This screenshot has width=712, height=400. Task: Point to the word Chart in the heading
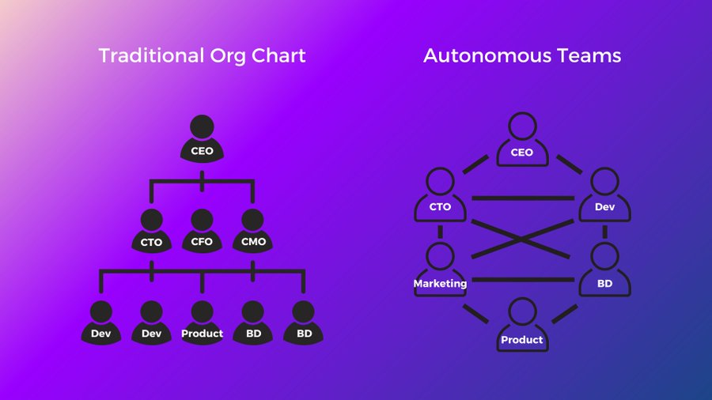click(280, 56)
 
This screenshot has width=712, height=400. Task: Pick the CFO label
click(202, 242)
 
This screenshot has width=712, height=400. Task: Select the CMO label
click(252, 242)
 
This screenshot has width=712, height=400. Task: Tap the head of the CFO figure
click(202, 219)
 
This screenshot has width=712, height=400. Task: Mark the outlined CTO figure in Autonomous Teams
click(440, 195)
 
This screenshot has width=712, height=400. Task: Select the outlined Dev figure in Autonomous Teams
click(604, 195)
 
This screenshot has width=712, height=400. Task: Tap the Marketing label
click(440, 283)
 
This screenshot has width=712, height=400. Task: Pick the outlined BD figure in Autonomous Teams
click(604, 271)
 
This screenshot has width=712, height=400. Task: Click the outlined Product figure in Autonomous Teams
click(522, 326)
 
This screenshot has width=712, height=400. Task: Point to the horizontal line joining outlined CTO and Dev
click(522, 198)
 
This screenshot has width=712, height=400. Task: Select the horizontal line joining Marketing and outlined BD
click(522, 279)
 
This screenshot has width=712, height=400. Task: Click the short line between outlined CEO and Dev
click(569, 164)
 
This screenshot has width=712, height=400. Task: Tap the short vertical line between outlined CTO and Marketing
click(440, 232)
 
